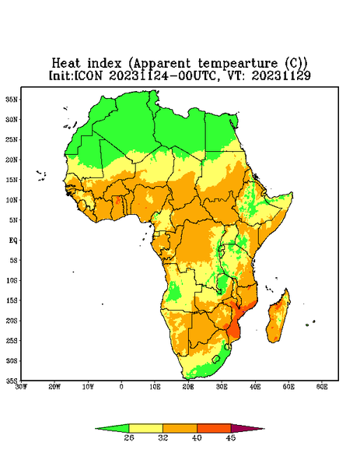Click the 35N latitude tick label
click(x=12, y=99)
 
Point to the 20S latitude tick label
click(x=12, y=321)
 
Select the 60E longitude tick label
click(x=322, y=387)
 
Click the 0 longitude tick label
click(x=121, y=387)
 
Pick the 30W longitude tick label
click(x=22, y=387)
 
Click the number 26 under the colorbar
click(x=129, y=437)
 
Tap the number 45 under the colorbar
click(x=231, y=437)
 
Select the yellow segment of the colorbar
click(x=145, y=428)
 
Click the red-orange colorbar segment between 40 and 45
click(x=214, y=428)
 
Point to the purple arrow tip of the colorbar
click(x=264, y=429)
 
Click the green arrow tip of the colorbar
click(x=96, y=429)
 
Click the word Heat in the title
click(x=66, y=64)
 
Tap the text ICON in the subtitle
click(x=88, y=75)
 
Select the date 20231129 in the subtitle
click(x=281, y=75)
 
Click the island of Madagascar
click(x=278, y=318)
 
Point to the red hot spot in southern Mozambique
click(x=234, y=330)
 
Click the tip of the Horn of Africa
click(x=292, y=193)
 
